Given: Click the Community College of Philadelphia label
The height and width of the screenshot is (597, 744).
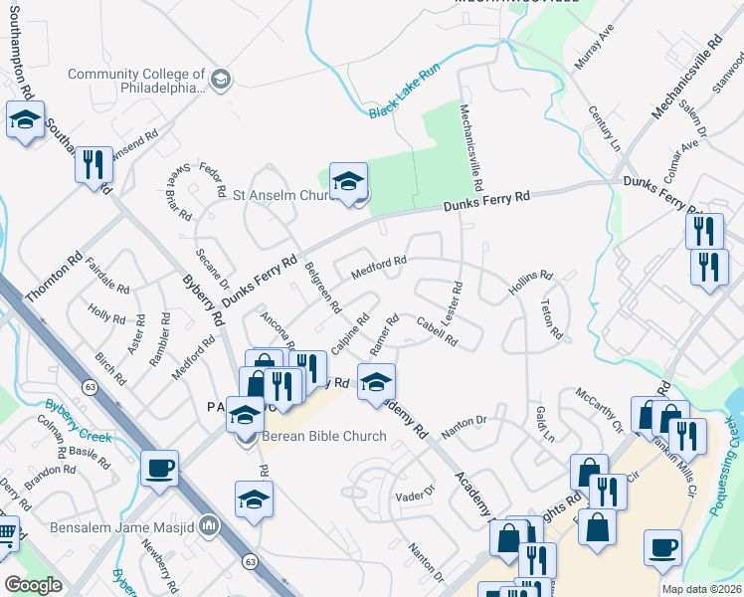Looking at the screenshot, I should pyautogui.click(x=137, y=81).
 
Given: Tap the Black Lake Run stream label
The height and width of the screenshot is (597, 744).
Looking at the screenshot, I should pyautogui.click(x=404, y=99).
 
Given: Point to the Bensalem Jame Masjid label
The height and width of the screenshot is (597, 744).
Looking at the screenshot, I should pyautogui.click(x=128, y=524).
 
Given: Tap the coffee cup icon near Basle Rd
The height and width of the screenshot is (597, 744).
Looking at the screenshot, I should pyautogui.click(x=159, y=469).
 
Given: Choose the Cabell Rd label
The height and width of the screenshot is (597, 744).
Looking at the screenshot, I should pyautogui.click(x=438, y=330).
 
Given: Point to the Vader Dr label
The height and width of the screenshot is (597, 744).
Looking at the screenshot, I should pyautogui.click(x=416, y=495).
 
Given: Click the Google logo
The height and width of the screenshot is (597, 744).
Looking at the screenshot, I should pyautogui.click(x=33, y=585).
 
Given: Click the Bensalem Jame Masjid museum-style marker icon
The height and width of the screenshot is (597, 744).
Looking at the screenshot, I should pyautogui.click(x=209, y=524).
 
